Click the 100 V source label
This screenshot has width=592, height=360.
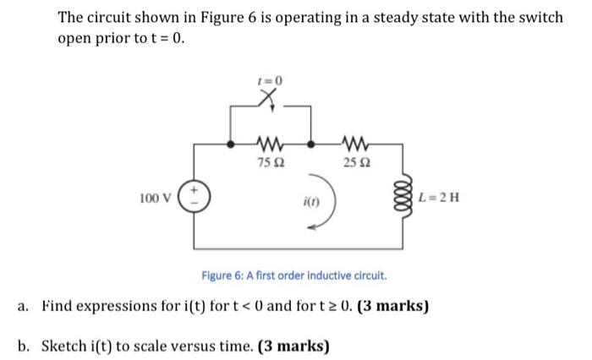154,199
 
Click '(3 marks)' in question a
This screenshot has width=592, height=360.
391,303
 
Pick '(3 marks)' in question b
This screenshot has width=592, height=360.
291,346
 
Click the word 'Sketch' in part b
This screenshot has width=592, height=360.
64,346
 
